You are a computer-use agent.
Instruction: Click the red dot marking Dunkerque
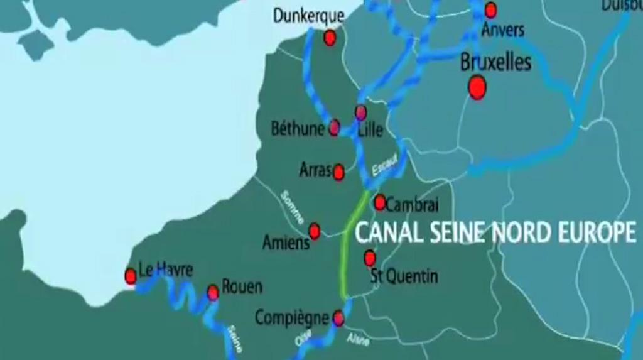tap(330, 38)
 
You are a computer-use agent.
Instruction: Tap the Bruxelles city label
tap(495, 62)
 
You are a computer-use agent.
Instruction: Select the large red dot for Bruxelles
tap(477, 87)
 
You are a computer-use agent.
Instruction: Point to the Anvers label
tap(502, 29)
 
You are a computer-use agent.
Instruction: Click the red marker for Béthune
tap(334, 128)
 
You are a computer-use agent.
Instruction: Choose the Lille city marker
tap(360, 112)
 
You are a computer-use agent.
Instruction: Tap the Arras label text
tap(315, 170)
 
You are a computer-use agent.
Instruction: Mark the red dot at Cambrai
tap(380, 202)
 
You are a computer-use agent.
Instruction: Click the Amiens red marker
tap(315, 231)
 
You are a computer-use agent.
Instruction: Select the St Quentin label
tap(404, 276)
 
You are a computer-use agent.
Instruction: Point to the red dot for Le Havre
tap(131, 276)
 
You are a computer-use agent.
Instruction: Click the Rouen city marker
tap(213, 292)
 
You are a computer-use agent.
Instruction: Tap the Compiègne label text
tap(292, 318)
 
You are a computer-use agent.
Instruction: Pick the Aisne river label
tap(358, 339)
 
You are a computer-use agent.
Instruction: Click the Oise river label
tap(303, 337)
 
